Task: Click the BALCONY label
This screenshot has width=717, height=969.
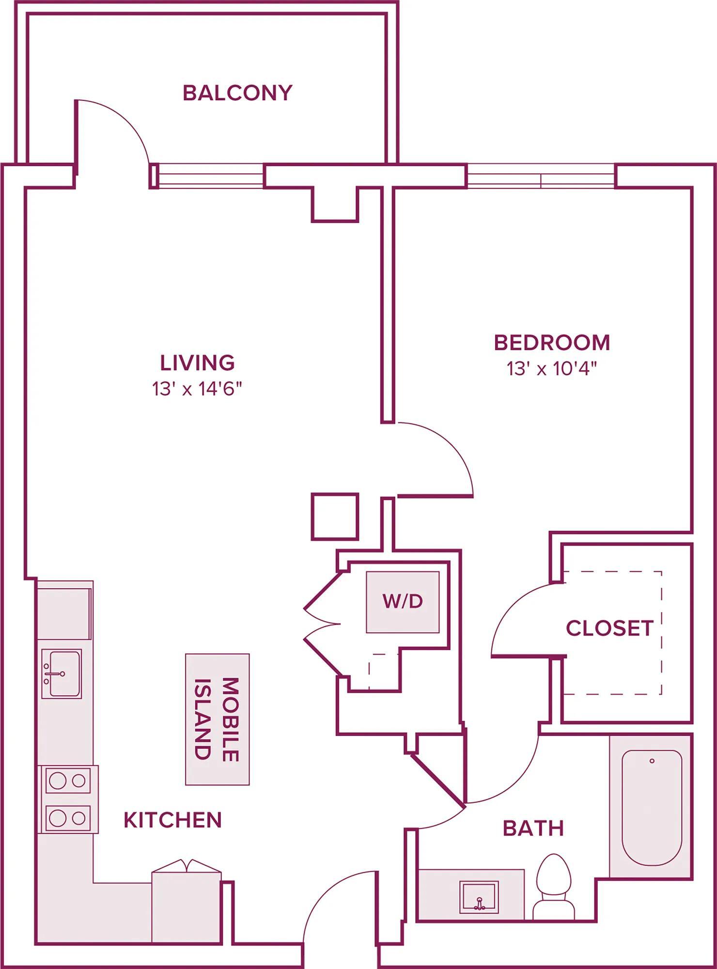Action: [237, 93]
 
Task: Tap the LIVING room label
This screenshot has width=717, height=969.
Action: [197, 362]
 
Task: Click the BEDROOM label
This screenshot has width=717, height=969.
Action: [552, 343]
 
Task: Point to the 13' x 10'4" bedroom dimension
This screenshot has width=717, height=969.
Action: [551, 369]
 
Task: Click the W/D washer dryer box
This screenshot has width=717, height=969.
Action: [403, 602]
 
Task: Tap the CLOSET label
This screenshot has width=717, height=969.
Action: [609, 628]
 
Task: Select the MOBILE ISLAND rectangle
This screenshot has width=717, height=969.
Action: [217, 719]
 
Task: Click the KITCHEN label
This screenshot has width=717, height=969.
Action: [172, 820]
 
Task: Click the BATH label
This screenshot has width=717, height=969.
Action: [533, 828]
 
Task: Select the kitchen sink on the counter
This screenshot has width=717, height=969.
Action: [62, 673]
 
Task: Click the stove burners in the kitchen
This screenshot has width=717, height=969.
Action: [68, 800]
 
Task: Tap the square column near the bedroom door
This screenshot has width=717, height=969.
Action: [335, 516]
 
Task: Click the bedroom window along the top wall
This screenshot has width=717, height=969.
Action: [541, 176]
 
